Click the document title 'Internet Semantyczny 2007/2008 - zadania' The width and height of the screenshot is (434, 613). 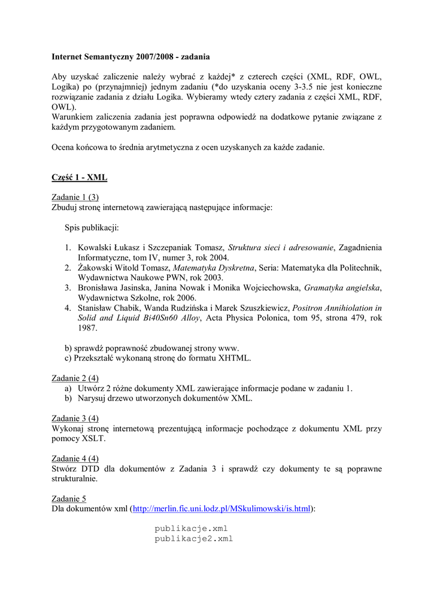pos(130,57)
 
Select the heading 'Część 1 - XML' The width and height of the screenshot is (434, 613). pos(80,178)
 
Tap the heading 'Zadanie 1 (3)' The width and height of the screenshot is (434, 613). pos(75,197)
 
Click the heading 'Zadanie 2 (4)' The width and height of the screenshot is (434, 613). pos(75,378)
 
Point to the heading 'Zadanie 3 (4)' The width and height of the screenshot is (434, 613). pos(75,418)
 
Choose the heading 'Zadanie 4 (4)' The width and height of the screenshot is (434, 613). pos(75,459)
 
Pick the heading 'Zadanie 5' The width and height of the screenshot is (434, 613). pos(69,498)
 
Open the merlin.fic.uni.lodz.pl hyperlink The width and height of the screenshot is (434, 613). pos(221,509)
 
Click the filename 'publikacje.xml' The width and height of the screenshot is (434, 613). pos(191,529)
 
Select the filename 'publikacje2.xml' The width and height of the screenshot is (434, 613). pos(193,539)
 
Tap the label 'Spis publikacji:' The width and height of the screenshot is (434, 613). pos(92,227)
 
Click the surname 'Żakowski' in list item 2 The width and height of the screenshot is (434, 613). pos(97,267)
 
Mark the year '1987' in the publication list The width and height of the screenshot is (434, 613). pos(87,328)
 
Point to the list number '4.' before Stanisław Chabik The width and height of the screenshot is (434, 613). pos(68,308)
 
